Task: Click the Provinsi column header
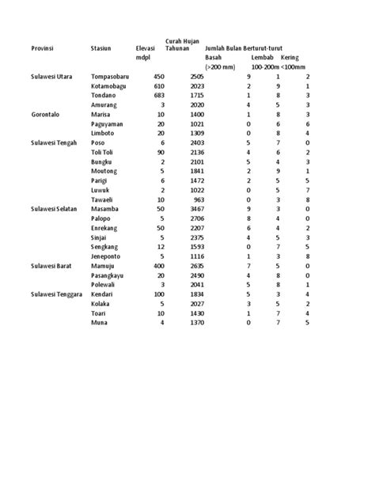43,49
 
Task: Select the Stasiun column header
101,49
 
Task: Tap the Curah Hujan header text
182,41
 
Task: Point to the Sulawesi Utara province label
51,77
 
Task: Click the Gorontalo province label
46,114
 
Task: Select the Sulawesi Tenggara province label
57,294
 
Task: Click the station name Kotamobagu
111,85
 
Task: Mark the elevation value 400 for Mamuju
158,266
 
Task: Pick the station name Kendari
105,294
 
